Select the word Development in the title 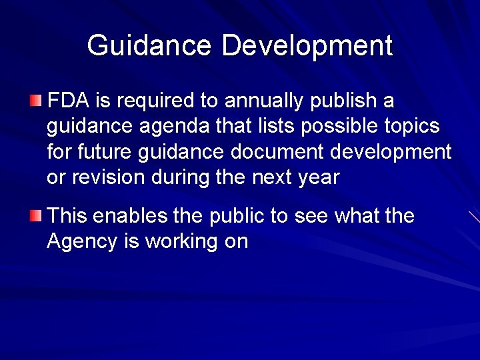(307, 46)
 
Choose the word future (105, 151)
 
